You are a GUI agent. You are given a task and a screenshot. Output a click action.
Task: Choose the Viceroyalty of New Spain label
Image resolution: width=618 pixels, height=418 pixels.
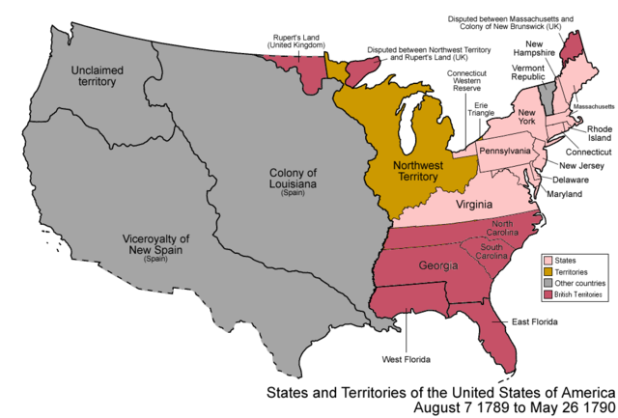[x=155, y=244]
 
